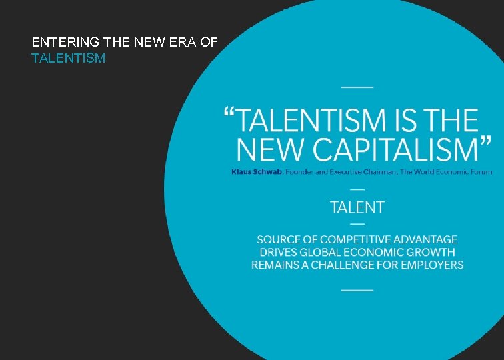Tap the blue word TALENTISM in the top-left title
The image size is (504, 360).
point(68,59)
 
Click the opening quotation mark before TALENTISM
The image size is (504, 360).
point(229,113)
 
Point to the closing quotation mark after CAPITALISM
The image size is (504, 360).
point(485,141)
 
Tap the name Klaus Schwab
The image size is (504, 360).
point(257,171)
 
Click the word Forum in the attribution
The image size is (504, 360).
point(479,171)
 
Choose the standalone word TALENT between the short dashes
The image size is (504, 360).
point(357,207)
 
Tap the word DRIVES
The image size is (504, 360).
point(277,252)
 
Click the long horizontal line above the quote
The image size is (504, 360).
point(357,87)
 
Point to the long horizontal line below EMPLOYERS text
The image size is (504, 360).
point(357,289)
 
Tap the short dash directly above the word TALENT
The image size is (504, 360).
point(357,189)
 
